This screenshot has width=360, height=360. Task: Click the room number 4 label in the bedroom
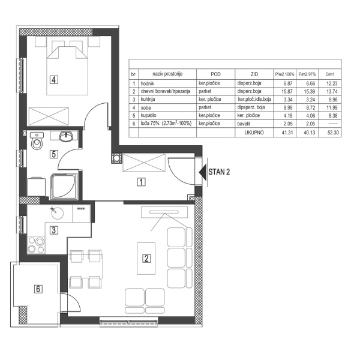(54, 79)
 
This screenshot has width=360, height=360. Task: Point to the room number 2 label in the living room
(145, 259)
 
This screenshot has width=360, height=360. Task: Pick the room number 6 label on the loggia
(38, 289)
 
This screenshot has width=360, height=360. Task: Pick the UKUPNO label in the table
(251, 132)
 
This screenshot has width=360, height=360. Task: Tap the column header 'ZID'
(254, 73)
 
